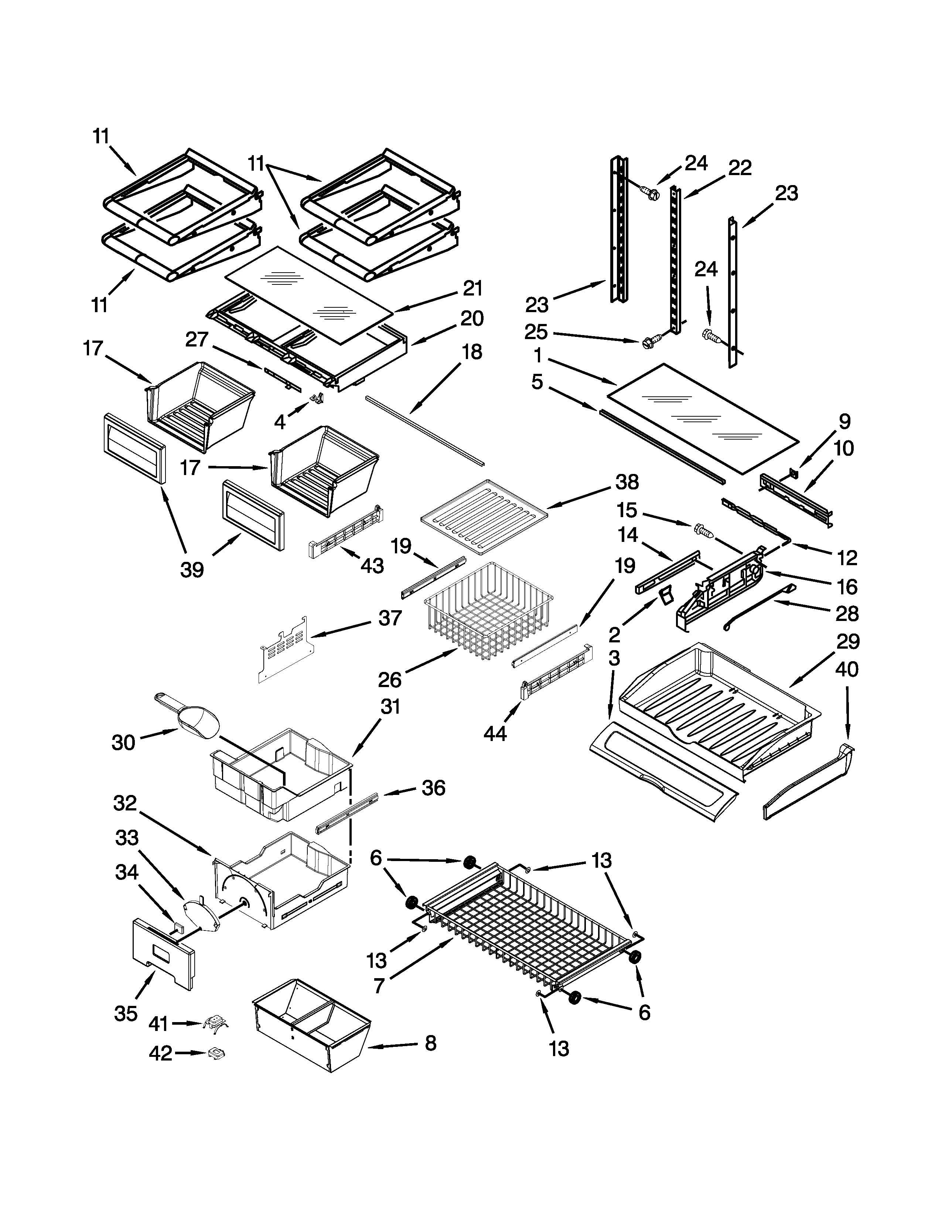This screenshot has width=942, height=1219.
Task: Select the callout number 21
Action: coord(472,288)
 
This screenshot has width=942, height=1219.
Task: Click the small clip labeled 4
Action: coord(318,397)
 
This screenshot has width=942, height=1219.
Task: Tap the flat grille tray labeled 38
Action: coord(483,517)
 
